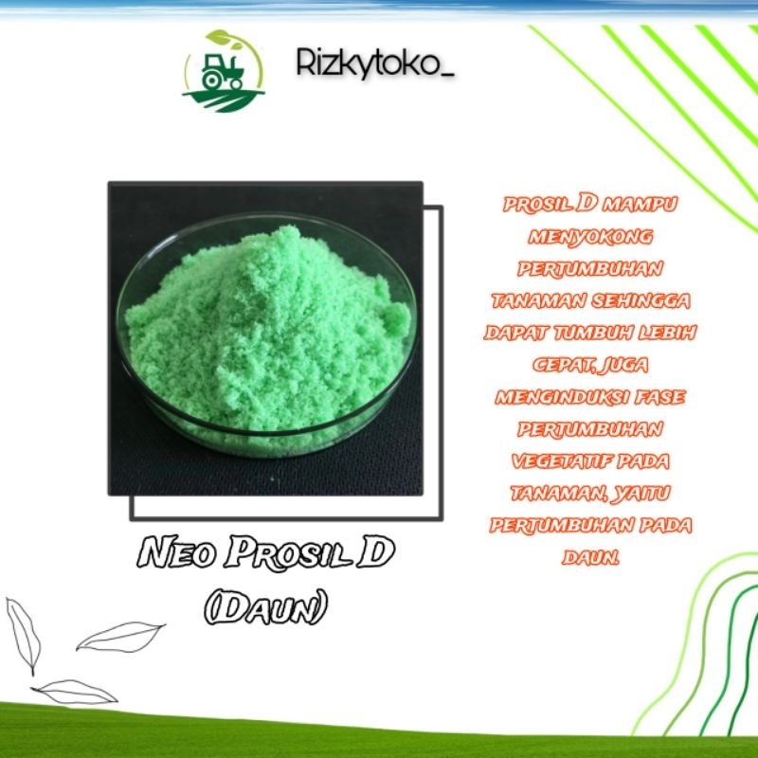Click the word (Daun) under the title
(265, 607)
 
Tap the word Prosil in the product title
(275, 555)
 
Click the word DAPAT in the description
(514, 333)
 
